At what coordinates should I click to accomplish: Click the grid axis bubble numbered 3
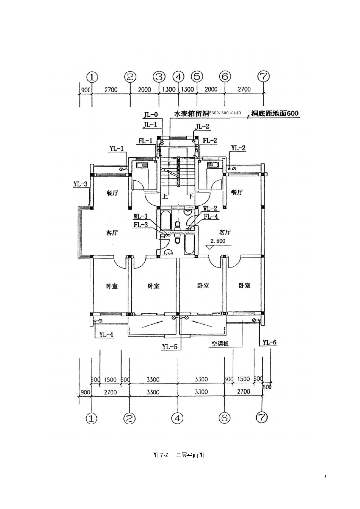coord(159,77)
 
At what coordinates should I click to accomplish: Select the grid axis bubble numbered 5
coord(197,77)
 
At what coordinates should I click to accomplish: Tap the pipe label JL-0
coord(150,115)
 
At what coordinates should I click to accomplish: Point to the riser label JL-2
coord(202,127)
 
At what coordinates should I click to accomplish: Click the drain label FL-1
coord(145,141)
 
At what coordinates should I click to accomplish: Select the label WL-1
coord(141,216)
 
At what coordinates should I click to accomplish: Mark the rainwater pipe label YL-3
coord(80,184)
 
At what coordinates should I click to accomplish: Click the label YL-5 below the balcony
coord(170,346)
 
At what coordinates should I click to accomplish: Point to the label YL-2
coord(238,148)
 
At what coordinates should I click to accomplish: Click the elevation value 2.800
coord(219,241)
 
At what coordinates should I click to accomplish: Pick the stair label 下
coord(191,196)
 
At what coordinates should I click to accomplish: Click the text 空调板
coord(219,343)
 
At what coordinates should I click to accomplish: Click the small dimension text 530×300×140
coord(227,114)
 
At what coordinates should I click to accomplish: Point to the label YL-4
coord(106,334)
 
